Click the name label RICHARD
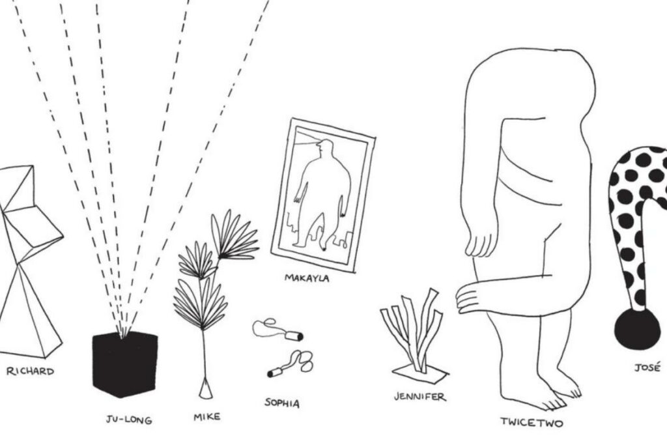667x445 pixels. (30, 371)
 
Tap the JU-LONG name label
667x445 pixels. (129, 420)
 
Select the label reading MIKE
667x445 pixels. (207, 417)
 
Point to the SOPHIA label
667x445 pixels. (282, 403)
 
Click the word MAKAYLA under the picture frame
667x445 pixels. (307, 278)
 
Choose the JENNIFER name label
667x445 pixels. (420, 397)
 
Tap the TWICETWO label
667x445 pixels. (532, 422)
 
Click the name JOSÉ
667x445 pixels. (647, 367)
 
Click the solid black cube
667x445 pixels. (124, 364)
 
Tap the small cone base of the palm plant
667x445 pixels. (205, 389)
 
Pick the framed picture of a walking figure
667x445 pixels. (323, 196)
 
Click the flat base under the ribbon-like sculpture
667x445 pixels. (420, 371)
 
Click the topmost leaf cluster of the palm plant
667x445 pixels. (234, 235)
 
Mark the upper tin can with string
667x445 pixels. (294, 336)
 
